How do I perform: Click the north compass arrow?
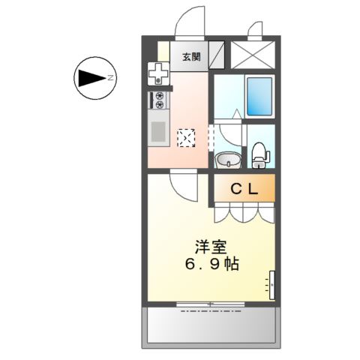click(91, 77)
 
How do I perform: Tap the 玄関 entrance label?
click(190, 56)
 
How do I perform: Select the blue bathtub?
click(259, 96)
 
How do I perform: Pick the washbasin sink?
click(228, 160)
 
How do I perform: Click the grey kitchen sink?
click(159, 132)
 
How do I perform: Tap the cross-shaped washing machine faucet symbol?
click(158, 73)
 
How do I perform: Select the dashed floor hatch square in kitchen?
click(185, 138)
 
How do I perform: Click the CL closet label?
click(244, 190)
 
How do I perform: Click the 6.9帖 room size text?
click(212, 265)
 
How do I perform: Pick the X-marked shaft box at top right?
click(253, 55)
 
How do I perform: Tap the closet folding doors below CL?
click(244, 213)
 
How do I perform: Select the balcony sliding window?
click(211, 304)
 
